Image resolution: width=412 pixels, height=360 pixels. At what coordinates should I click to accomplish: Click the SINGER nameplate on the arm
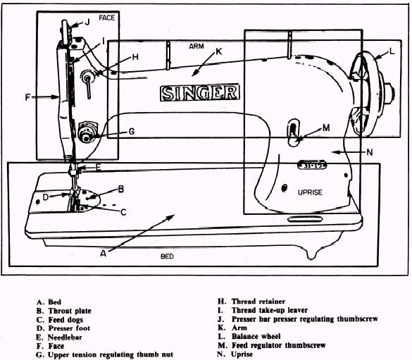(x=199, y=92)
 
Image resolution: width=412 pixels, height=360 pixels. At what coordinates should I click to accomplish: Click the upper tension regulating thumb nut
(x=88, y=132)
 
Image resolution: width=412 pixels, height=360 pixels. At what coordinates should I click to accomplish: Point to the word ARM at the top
(x=197, y=46)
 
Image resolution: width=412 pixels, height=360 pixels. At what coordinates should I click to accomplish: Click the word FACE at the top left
(x=106, y=18)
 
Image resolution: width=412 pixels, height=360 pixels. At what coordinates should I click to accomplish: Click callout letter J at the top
(x=87, y=22)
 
